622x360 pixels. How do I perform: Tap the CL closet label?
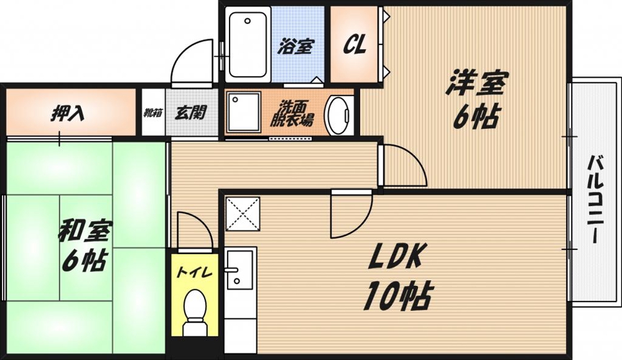355,45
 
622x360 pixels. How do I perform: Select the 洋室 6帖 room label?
476,100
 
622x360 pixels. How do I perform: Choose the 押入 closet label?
67,114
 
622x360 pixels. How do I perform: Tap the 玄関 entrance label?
190,113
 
